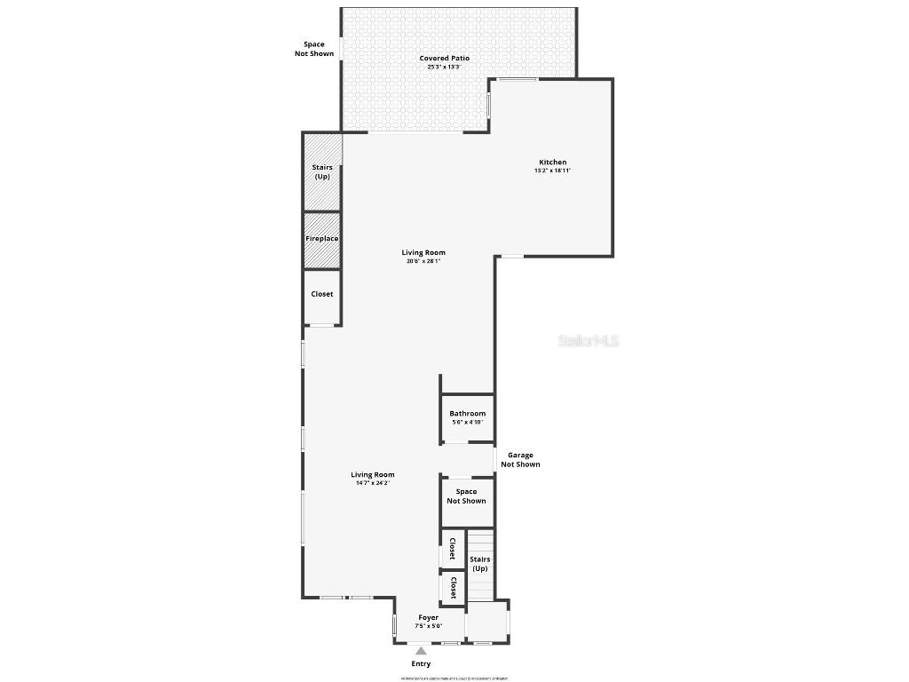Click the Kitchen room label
click(552, 163)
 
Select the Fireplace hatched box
click(322, 239)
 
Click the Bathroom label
click(467, 414)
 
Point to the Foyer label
click(429, 618)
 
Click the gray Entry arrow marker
click(421, 652)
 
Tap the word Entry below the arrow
click(421, 664)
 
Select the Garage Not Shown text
click(520, 460)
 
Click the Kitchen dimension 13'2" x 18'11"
click(552, 170)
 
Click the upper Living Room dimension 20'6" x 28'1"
click(423, 261)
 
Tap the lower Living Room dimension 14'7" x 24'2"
click(373, 483)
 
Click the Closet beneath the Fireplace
click(322, 295)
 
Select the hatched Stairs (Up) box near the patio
click(321, 171)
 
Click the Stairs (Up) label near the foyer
click(480, 564)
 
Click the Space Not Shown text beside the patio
click(314, 49)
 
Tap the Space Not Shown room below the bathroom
click(466, 496)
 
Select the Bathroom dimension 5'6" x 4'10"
click(467, 423)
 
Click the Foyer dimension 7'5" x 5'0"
click(429, 626)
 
